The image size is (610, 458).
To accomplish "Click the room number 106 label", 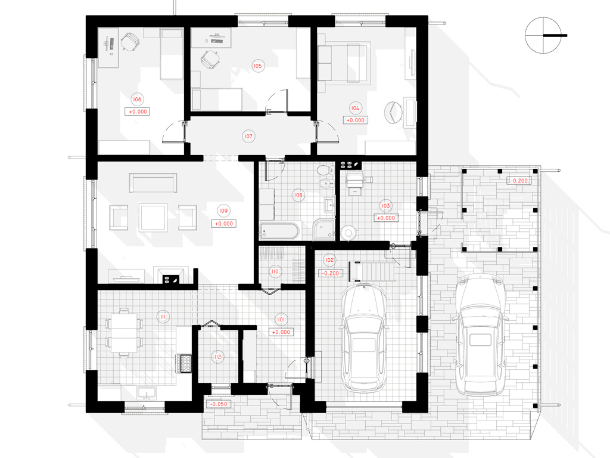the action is point(137,100).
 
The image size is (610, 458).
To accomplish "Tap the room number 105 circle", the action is point(257,66).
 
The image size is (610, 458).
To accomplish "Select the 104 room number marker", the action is point(355,109).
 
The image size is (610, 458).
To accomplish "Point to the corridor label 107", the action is point(248,137).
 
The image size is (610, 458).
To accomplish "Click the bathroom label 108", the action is point(298,195).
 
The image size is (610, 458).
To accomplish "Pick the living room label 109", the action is point(223,211).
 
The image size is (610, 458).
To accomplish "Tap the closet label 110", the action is point(275,271).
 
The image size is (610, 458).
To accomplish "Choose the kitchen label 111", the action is point(163,317).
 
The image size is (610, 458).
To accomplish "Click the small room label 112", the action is point(217,357).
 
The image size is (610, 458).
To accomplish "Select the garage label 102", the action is point(329,260).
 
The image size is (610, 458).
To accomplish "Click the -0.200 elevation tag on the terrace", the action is point(519,181).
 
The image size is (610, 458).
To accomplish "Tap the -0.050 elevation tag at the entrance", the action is point(219,404).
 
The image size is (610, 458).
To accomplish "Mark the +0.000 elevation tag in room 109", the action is point(224,224).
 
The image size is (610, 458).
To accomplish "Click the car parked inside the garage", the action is point(364,338).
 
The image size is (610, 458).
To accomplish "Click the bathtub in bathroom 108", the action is point(280,231).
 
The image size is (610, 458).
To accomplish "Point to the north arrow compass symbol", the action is point(543,35).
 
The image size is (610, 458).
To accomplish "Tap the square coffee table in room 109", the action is point(153,217).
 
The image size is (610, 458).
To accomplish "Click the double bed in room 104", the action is point(343,63).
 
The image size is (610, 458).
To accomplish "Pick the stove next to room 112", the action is point(186,363).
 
